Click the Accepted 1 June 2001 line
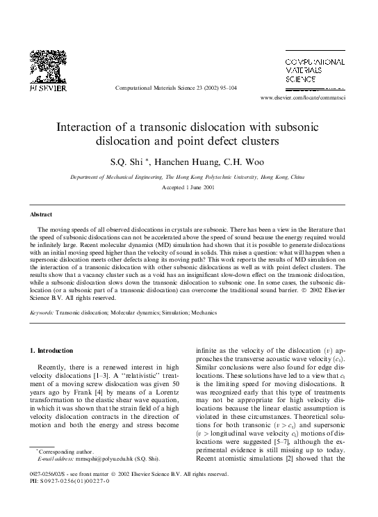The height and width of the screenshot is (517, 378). [188, 188]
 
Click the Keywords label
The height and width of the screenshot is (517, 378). [42, 313]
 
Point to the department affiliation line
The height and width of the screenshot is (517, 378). [188, 177]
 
